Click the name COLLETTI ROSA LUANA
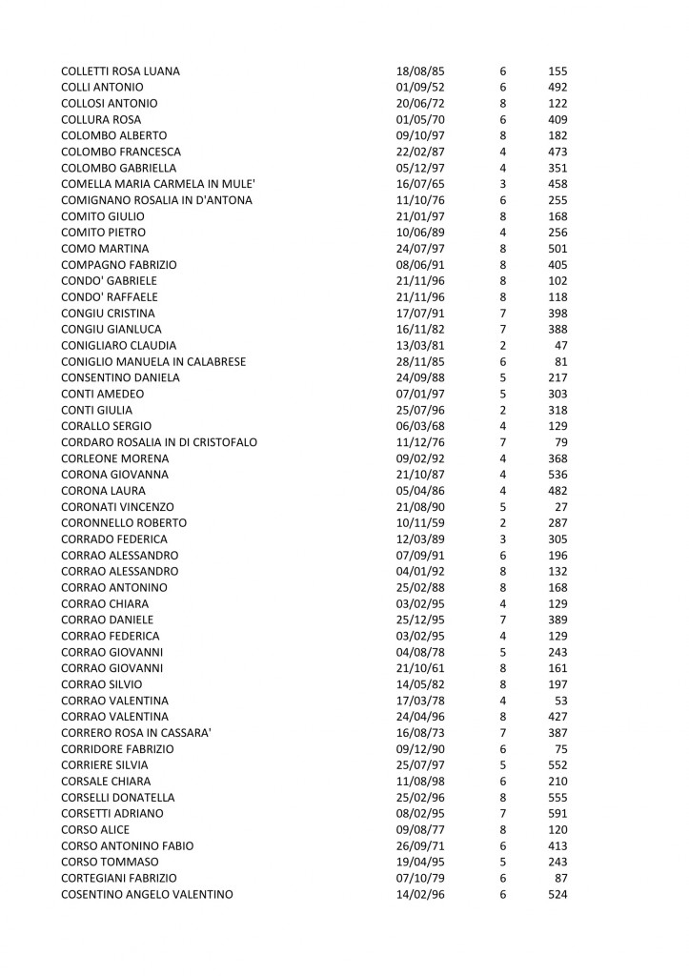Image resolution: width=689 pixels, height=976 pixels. [x=120, y=71]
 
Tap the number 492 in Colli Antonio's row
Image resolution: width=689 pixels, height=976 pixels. [x=557, y=88]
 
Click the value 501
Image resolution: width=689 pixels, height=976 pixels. [x=557, y=249]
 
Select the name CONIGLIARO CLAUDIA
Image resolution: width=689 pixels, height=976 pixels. [x=118, y=345]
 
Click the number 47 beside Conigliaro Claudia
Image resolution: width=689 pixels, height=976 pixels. [x=561, y=345]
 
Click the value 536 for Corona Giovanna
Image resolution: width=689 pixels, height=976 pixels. [x=557, y=475]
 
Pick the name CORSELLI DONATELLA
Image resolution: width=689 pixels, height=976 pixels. [x=117, y=797]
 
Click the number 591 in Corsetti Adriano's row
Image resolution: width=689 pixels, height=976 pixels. [x=557, y=813]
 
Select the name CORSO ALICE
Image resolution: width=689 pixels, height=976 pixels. [x=94, y=829]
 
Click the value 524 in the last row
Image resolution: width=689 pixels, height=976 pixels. [x=557, y=894]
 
